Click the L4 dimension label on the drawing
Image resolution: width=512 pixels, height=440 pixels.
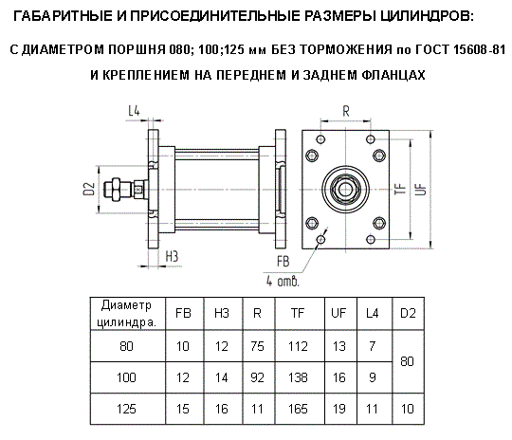(134, 111)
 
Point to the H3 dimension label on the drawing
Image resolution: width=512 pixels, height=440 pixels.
(172, 256)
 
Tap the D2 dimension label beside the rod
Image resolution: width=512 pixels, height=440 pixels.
(89, 189)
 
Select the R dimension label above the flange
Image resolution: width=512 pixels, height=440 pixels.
(346, 111)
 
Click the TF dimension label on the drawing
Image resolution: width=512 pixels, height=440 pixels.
(400, 189)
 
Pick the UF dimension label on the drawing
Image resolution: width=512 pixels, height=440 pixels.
(421, 189)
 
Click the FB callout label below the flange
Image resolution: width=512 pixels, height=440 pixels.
(283, 262)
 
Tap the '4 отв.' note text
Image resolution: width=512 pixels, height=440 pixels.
(283, 281)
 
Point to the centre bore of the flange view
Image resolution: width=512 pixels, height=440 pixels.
(345, 189)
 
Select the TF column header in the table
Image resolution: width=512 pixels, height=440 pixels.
(298, 313)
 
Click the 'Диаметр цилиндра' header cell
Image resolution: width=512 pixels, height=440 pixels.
(127, 314)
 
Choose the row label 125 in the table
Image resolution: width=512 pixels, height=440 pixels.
(126, 409)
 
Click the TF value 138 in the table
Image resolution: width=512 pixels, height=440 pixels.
(298, 377)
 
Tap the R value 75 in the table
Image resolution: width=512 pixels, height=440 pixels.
(257, 346)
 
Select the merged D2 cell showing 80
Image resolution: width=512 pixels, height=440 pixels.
(407, 361)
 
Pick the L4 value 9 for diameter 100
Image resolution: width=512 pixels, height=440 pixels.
(373, 377)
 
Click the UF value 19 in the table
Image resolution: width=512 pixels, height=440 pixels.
(338, 409)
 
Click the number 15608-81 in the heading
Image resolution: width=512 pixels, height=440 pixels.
(480, 49)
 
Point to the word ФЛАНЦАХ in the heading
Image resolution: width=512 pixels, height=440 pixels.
(393, 75)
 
